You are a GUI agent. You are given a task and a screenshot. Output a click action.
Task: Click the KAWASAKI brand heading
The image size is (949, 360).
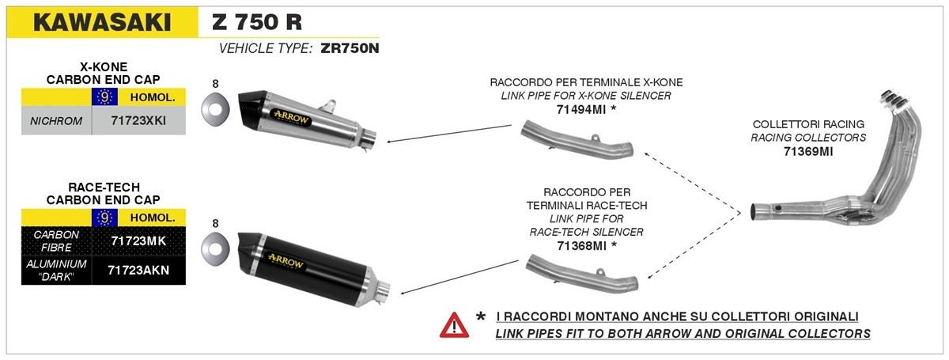102,22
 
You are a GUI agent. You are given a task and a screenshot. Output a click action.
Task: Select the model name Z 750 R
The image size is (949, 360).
257,21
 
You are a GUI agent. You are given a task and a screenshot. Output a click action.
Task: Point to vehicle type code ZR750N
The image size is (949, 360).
350,48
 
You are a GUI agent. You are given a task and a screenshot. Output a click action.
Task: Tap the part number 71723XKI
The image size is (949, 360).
138,121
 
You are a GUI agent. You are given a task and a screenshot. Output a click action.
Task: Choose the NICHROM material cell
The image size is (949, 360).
56,121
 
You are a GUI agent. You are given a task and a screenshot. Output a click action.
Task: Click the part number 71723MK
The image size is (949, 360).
138,241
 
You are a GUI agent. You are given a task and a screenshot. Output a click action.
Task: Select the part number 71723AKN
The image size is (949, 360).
138,270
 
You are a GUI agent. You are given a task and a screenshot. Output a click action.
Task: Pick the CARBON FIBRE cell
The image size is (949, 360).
56,241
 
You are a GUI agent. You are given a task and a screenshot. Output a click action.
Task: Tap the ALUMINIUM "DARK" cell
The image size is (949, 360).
56,270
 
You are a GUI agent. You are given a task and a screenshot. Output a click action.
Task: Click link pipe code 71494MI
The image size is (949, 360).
581,109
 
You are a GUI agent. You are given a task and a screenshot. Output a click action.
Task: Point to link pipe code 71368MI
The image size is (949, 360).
582,246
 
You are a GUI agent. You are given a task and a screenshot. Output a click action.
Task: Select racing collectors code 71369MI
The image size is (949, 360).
808,151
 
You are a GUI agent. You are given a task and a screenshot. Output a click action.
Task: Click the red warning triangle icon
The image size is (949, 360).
454,325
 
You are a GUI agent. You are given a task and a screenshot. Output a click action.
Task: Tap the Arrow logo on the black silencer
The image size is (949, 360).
286,262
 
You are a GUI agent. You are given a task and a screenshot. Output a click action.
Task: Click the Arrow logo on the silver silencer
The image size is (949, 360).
292,118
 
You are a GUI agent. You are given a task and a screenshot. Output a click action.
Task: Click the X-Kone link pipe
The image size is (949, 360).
577,139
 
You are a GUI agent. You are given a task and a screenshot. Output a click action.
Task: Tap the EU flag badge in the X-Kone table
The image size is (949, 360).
104,97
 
